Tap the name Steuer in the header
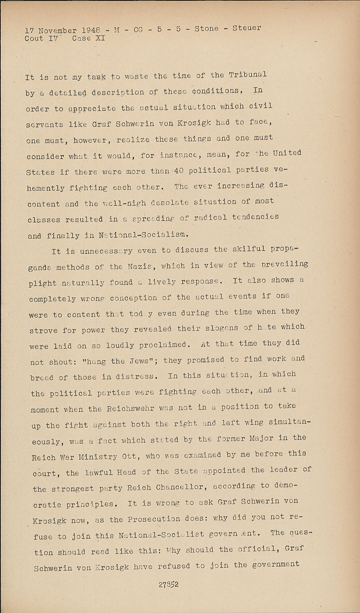click(x=246, y=28)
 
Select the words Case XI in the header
click(x=88, y=38)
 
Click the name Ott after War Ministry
click(x=129, y=456)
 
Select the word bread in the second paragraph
click(x=41, y=377)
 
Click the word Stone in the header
click(x=206, y=29)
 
